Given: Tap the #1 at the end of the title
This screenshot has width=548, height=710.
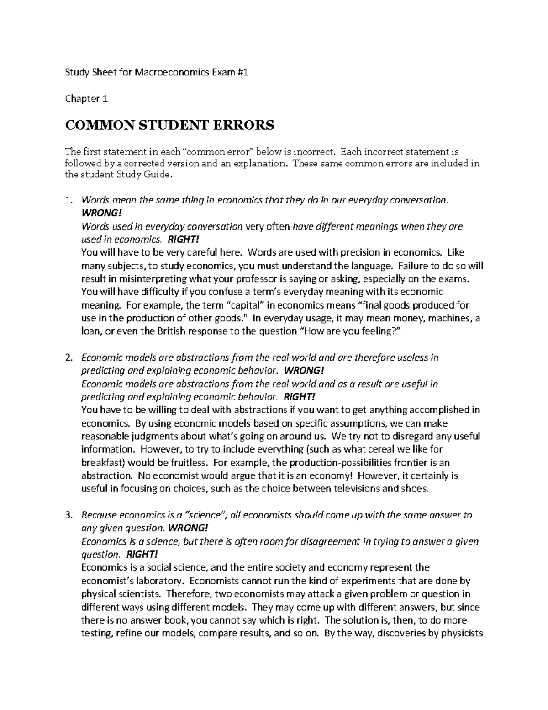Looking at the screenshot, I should [242, 72].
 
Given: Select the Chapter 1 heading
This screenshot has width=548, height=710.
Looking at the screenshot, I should [83, 98].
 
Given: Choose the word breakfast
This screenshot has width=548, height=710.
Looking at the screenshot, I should [100, 463].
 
